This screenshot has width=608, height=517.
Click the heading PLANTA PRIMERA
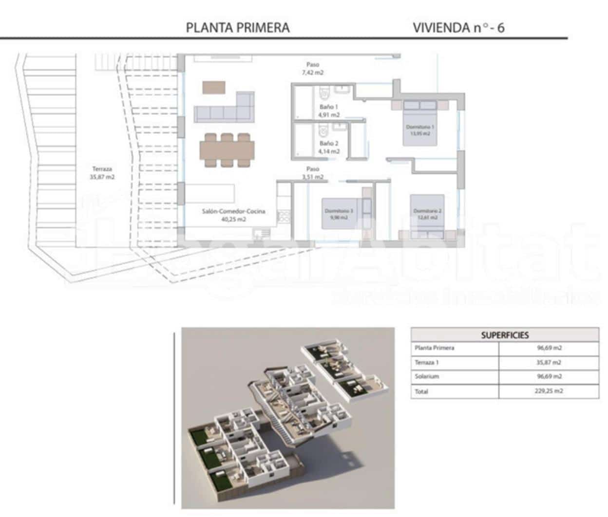[x=238, y=28]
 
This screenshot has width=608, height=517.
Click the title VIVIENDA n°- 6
[x=458, y=28]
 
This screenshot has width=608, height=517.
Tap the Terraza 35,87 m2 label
[x=102, y=173]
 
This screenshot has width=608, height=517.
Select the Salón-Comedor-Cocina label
[x=233, y=215]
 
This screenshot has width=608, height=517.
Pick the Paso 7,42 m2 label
[x=312, y=68]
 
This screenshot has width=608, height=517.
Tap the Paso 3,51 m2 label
[x=312, y=173]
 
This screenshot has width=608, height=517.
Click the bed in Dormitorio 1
[x=419, y=124]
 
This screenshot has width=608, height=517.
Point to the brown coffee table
[x=214, y=87]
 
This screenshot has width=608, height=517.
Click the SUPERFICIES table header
[x=505, y=335]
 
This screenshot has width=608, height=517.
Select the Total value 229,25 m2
[x=548, y=391]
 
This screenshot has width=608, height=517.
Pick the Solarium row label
[x=427, y=377]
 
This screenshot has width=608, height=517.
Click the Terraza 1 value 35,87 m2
[x=548, y=363]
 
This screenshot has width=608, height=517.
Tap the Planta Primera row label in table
[x=435, y=348]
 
